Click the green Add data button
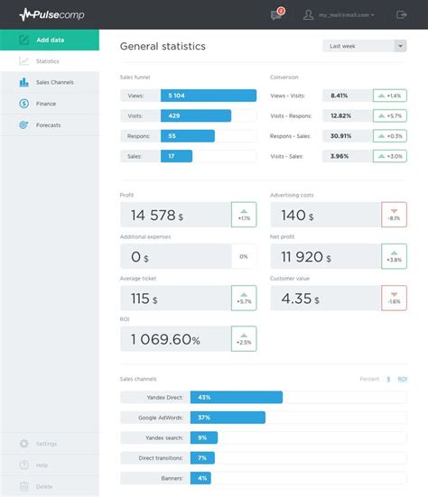(x=50, y=41)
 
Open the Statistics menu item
(x=48, y=61)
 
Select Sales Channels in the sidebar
(x=54, y=82)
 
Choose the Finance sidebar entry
(x=46, y=104)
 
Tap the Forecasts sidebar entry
(x=48, y=124)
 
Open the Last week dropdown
(x=364, y=46)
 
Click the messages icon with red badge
(x=276, y=14)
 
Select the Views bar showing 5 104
(x=208, y=96)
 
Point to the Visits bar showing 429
(x=195, y=115)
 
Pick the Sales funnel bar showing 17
(x=176, y=156)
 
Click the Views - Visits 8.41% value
(x=339, y=96)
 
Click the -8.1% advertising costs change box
(x=394, y=215)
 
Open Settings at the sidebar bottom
(x=46, y=444)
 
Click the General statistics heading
(x=163, y=46)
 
